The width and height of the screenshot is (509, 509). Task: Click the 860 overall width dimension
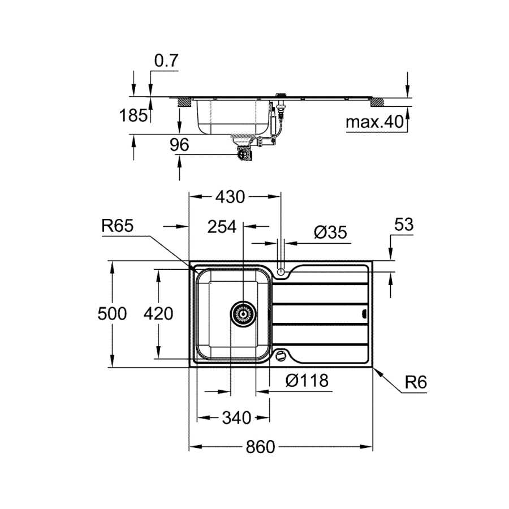tap(260, 447)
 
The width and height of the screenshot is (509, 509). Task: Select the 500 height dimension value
tap(112, 313)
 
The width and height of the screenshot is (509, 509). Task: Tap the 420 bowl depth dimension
tap(158, 313)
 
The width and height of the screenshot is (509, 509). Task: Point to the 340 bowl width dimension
tap(236, 417)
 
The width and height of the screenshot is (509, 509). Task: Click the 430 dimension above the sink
tap(230, 197)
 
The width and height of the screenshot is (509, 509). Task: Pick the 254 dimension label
tap(222, 227)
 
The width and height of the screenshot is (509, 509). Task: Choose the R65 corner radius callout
tap(117, 225)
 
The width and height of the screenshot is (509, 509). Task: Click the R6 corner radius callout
tap(416, 382)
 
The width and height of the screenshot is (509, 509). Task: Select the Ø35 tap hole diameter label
tap(330, 232)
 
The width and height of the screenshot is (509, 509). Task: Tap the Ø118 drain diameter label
tap(307, 380)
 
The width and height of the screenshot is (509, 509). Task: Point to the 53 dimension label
tap(404, 225)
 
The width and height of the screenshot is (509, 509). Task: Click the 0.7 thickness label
tap(166, 61)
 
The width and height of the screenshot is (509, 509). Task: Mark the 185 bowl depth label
tap(133, 115)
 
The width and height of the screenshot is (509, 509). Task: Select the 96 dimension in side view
tap(179, 144)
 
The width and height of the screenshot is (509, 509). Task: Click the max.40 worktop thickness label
tap(374, 122)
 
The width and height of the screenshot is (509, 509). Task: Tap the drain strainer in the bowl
tap(243, 313)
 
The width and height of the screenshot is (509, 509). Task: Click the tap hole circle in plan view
tap(281, 271)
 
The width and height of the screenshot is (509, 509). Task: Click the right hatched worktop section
tap(377, 102)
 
